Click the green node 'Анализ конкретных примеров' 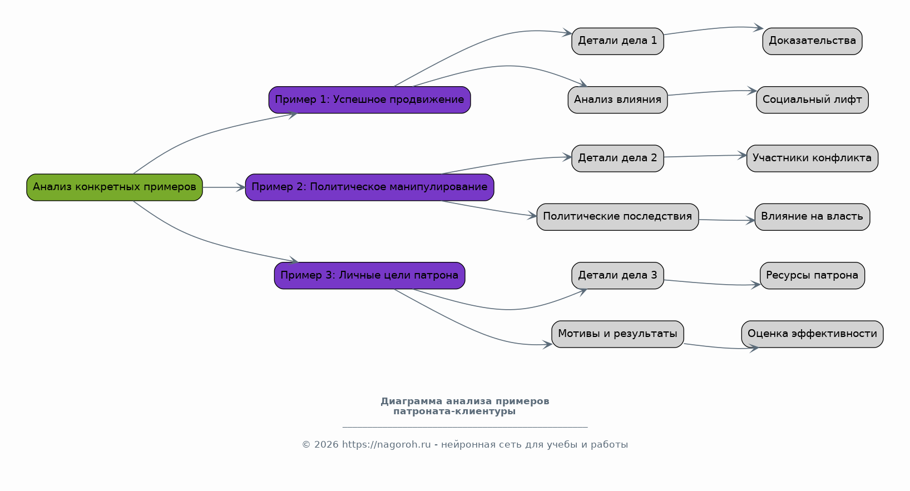(115, 187)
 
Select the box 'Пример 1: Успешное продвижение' (370, 100)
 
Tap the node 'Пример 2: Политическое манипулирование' (370, 187)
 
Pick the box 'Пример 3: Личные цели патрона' (370, 275)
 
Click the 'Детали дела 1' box (617, 41)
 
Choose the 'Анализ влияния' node (617, 100)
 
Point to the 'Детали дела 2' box (617, 158)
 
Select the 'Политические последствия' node (617, 217)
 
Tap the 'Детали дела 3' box (617, 275)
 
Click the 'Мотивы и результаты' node (617, 334)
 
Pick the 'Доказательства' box (813, 41)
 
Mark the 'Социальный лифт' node (813, 100)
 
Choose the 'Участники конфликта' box (813, 158)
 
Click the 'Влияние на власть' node (813, 217)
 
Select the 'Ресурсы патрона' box (813, 275)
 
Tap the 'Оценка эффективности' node (813, 334)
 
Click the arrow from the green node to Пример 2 (224, 187)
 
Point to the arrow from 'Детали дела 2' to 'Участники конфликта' (705, 156)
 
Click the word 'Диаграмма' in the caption (412, 401)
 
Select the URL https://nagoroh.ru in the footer (387, 445)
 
